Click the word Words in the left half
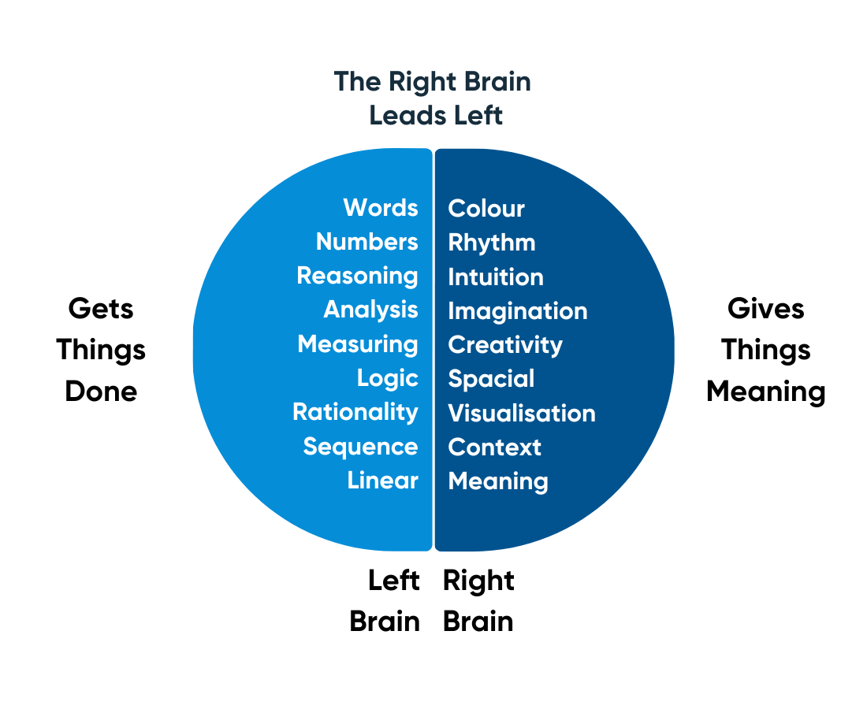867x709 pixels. tap(381, 208)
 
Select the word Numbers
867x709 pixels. tap(367, 242)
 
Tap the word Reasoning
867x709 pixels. tap(357, 277)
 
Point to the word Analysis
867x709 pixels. tap(370, 310)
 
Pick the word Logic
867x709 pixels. tap(387, 378)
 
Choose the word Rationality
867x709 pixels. tap(355, 412)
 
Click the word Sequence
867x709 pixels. tap(360, 447)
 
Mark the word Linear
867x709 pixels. tap(382, 481)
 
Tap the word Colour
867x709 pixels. tap(486, 209)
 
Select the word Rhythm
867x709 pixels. tap(492, 243)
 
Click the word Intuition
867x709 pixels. tap(496, 277)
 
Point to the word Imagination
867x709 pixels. tap(518, 311)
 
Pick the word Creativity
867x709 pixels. tap(505, 345)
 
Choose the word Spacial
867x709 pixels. tap(491, 379)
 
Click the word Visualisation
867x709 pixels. tap(522, 414)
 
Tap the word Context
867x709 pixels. tap(494, 447)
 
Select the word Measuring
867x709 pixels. tap(358, 344)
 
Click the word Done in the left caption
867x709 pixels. tap(101, 392)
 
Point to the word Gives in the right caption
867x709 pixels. tap(766, 308)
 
